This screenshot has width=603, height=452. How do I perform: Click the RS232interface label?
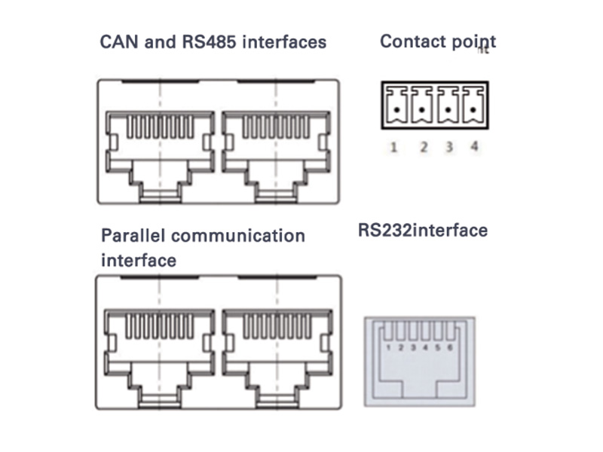pyautogui.click(x=422, y=229)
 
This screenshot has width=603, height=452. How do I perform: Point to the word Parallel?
pyautogui.click(x=133, y=236)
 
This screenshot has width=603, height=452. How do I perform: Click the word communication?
pyautogui.click(x=237, y=236)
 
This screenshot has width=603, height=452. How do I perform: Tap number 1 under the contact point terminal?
pyautogui.click(x=393, y=147)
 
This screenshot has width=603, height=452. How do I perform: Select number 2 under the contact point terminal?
pyautogui.click(x=424, y=147)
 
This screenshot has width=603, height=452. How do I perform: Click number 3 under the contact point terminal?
pyautogui.click(x=449, y=147)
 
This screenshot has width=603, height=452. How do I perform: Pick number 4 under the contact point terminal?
pyautogui.click(x=474, y=147)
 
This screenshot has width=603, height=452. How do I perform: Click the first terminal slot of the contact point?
pyautogui.click(x=395, y=105)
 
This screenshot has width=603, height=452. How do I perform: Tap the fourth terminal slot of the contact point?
pyautogui.click(x=473, y=105)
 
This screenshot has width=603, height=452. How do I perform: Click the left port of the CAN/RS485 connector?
pyautogui.click(x=160, y=151)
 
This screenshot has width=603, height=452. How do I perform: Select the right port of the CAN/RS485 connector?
pyautogui.click(x=275, y=151)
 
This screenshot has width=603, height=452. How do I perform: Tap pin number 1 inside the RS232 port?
pyautogui.click(x=388, y=348)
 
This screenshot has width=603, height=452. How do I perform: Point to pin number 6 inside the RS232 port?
pyautogui.click(x=450, y=348)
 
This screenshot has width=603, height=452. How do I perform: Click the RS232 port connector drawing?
pyautogui.click(x=419, y=362)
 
